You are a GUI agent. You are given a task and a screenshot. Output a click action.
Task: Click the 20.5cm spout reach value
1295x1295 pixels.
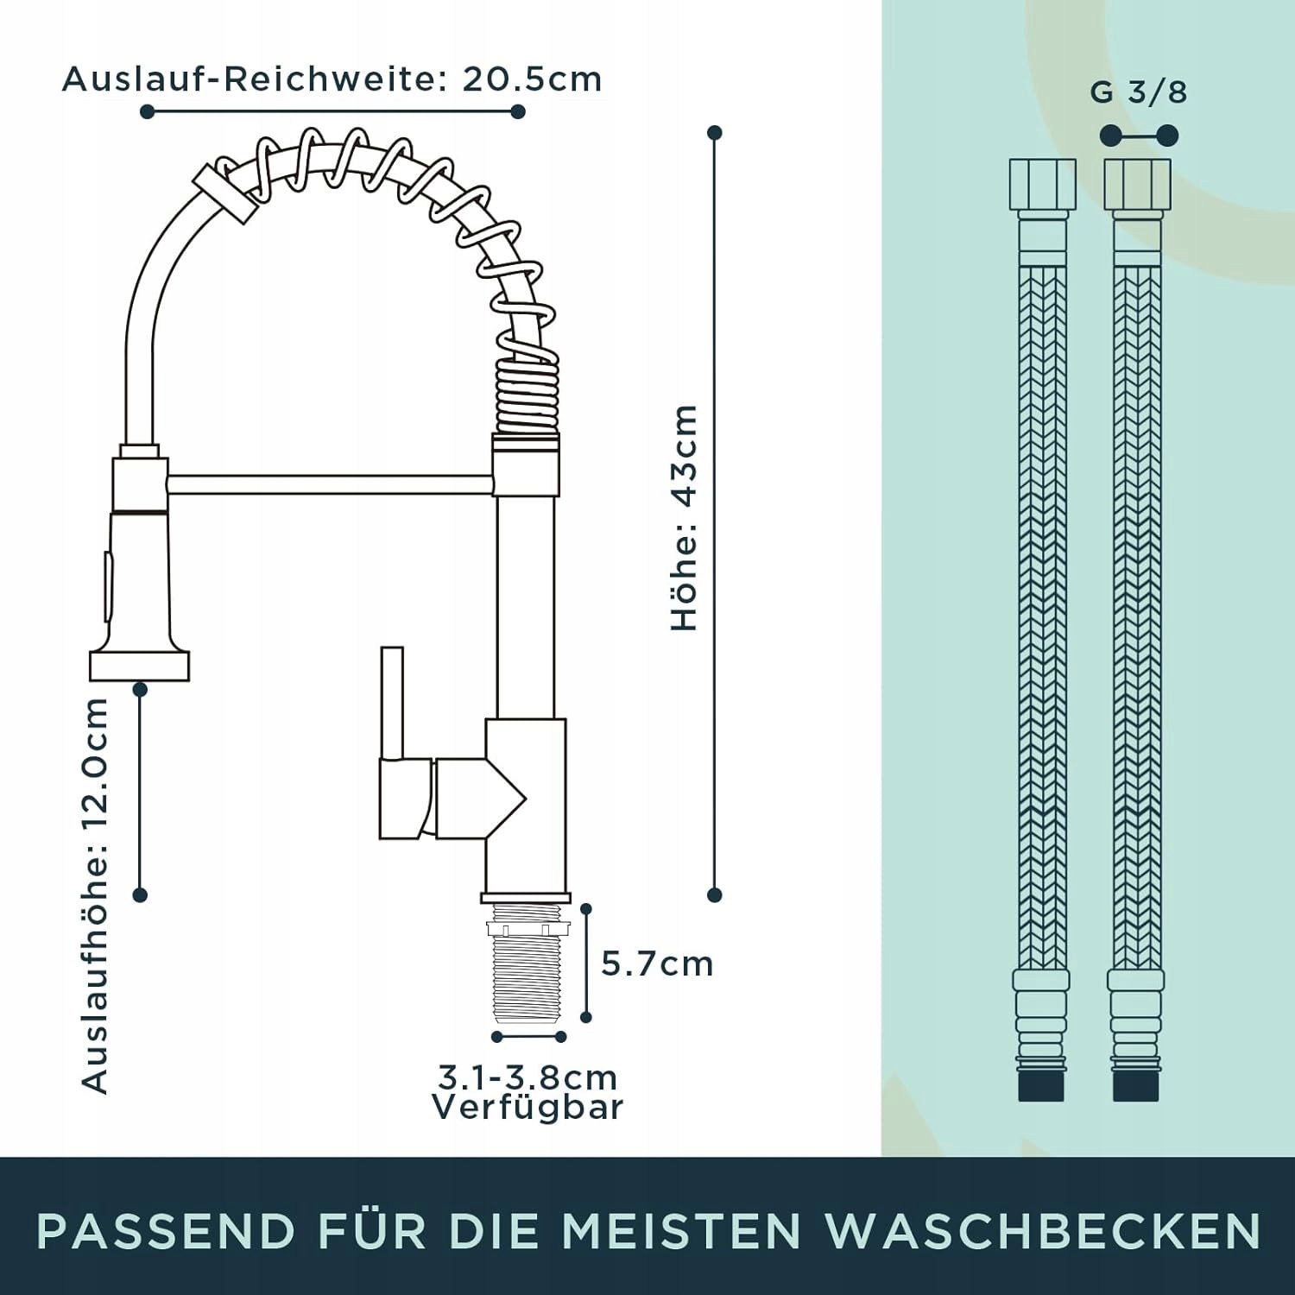click(x=532, y=79)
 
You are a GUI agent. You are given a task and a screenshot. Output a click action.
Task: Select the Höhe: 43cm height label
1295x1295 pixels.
click(x=684, y=518)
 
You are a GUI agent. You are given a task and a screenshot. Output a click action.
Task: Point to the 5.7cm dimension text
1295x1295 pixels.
click(x=658, y=963)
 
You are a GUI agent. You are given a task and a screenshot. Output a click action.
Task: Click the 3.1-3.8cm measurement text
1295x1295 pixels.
click(x=527, y=1077)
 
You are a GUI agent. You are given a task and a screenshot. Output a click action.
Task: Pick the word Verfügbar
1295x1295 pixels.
click(x=527, y=1107)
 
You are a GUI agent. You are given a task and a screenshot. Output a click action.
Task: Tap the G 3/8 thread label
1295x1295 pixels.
click(x=1139, y=92)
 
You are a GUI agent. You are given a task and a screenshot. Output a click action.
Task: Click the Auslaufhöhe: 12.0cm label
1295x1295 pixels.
click(x=95, y=895)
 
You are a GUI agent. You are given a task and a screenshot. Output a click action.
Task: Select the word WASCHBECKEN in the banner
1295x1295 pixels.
click(x=1043, y=1230)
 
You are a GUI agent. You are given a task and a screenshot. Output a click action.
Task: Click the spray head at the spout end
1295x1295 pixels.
click(x=140, y=570)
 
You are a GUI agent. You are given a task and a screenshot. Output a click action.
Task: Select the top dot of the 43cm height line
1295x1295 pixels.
click(x=714, y=133)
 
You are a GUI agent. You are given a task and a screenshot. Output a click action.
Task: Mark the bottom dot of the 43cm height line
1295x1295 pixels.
click(x=714, y=895)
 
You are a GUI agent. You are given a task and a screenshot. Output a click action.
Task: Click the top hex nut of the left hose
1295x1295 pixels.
click(x=1043, y=185)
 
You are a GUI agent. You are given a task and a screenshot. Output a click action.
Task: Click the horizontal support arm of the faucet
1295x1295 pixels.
click(x=331, y=484)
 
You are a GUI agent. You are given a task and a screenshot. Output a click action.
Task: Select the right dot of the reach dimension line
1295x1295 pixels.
click(x=518, y=111)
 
